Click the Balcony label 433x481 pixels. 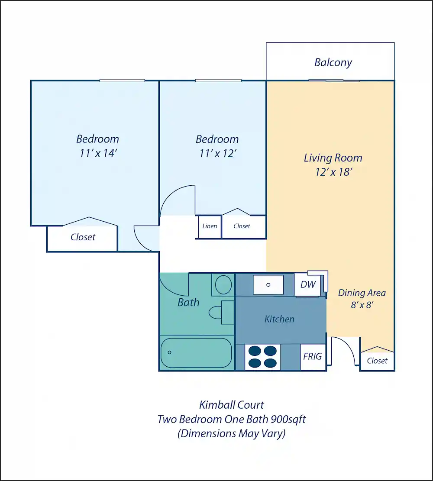pyautogui.click(x=333, y=62)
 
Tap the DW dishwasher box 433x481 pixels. pyautogui.click(x=307, y=285)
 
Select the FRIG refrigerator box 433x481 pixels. pyautogui.click(x=313, y=356)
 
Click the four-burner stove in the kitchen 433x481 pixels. pyautogui.click(x=262, y=357)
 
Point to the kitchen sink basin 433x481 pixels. pyautogui.click(x=268, y=285)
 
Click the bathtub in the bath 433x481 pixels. pyautogui.click(x=196, y=353)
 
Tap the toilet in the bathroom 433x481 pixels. pyautogui.click(x=221, y=312)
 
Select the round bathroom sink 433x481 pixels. pyautogui.click(x=223, y=285)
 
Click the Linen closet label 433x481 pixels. pyautogui.click(x=210, y=226)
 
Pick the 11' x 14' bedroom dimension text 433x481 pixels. pyautogui.click(x=98, y=153)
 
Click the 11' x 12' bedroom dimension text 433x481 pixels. pyautogui.click(x=217, y=153)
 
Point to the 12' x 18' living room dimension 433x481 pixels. pyautogui.click(x=333, y=172)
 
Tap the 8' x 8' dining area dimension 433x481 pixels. pyautogui.click(x=362, y=305)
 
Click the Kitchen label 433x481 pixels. pyautogui.click(x=279, y=319)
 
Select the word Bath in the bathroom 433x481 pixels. pyautogui.click(x=188, y=303)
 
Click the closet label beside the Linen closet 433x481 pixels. pyautogui.click(x=242, y=226)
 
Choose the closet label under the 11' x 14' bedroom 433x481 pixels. pyautogui.click(x=83, y=237)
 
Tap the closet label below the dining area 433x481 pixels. pyautogui.click(x=377, y=361)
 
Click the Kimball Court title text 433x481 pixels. pyautogui.click(x=231, y=405)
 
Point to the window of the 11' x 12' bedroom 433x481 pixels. pyautogui.click(x=218, y=81)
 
